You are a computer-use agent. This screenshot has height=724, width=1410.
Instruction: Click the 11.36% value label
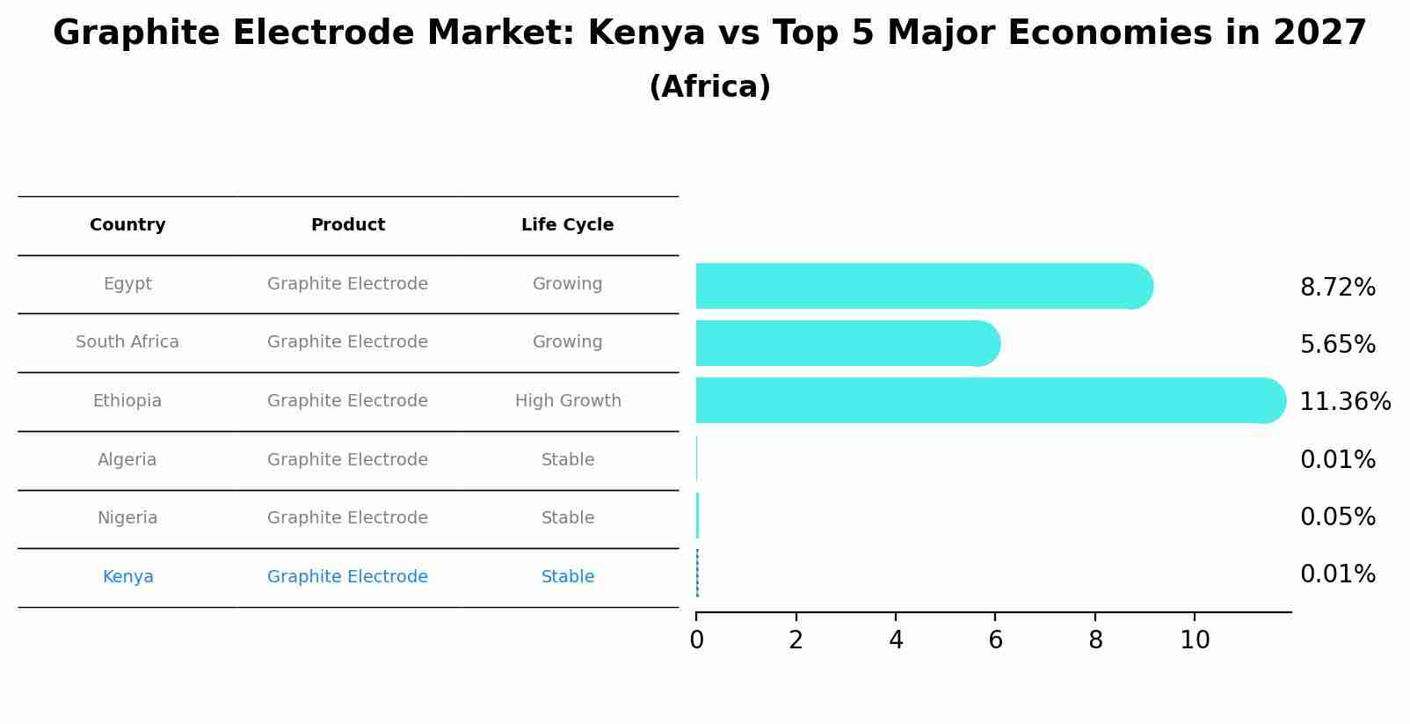pyautogui.click(x=1345, y=402)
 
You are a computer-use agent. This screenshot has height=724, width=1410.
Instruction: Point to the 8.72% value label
pyautogui.click(x=1337, y=288)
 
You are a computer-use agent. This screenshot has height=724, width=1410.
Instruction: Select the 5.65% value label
pyautogui.click(x=1337, y=345)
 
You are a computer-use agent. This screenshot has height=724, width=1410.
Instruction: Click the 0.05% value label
pyautogui.click(x=1337, y=517)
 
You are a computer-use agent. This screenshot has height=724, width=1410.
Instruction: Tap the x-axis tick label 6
pyautogui.click(x=995, y=640)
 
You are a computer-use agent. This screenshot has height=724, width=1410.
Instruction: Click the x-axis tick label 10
pyautogui.click(x=1195, y=640)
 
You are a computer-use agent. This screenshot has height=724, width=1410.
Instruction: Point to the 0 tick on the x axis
pyautogui.click(x=696, y=640)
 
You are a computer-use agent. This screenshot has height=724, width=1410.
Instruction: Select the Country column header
pyautogui.click(x=127, y=225)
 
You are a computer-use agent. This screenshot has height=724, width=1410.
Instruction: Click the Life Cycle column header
pyautogui.click(x=567, y=225)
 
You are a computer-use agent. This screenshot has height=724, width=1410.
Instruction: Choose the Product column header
pyautogui.click(x=348, y=225)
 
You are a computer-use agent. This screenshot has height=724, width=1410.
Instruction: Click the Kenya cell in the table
pyautogui.click(x=128, y=577)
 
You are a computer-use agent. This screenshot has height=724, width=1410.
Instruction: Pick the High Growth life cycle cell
pyautogui.click(x=568, y=401)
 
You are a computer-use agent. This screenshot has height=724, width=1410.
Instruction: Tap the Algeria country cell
pyautogui.click(x=127, y=460)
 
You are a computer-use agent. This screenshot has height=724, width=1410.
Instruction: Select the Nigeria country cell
pyautogui.click(x=127, y=518)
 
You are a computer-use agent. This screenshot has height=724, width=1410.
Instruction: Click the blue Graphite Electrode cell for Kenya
pyautogui.click(x=347, y=577)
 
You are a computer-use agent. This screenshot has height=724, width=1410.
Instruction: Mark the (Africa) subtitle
pyautogui.click(x=709, y=87)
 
